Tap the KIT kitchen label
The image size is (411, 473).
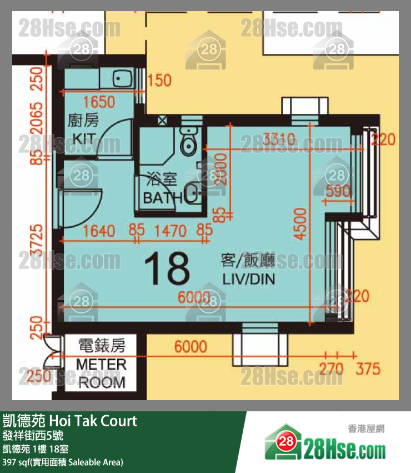[x=83, y=138]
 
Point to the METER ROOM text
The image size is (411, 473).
[x=101, y=373]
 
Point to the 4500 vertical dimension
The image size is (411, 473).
[x=300, y=223]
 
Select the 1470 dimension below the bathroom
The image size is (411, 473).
[x=172, y=230]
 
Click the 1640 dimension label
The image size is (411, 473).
[x=98, y=230]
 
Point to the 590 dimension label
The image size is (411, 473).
[x=338, y=192]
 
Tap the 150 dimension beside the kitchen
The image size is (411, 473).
[x=159, y=81]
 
